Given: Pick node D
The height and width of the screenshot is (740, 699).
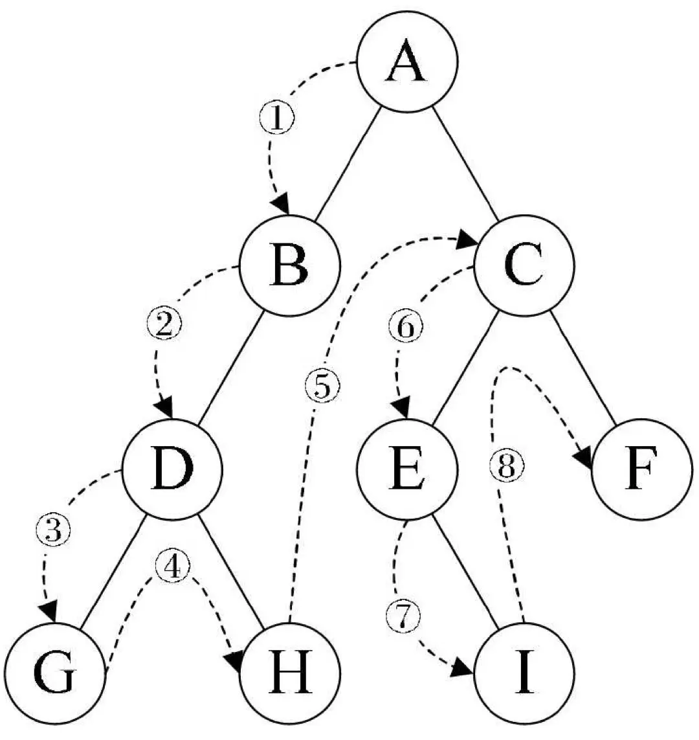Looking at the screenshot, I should coord(172,471).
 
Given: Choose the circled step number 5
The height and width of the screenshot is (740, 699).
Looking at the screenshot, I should coord(322,387).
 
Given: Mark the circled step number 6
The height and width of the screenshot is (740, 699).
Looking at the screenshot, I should coord(405,328).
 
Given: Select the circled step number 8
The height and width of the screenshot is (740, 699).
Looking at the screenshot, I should coord(505,465).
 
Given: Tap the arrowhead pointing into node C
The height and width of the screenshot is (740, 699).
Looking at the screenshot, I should coord(467,241).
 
